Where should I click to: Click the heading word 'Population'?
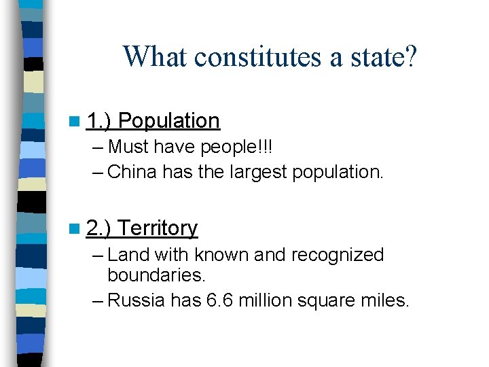169,121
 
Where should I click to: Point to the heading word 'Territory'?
158,228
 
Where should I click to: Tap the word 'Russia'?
136,300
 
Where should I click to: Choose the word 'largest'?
255,171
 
